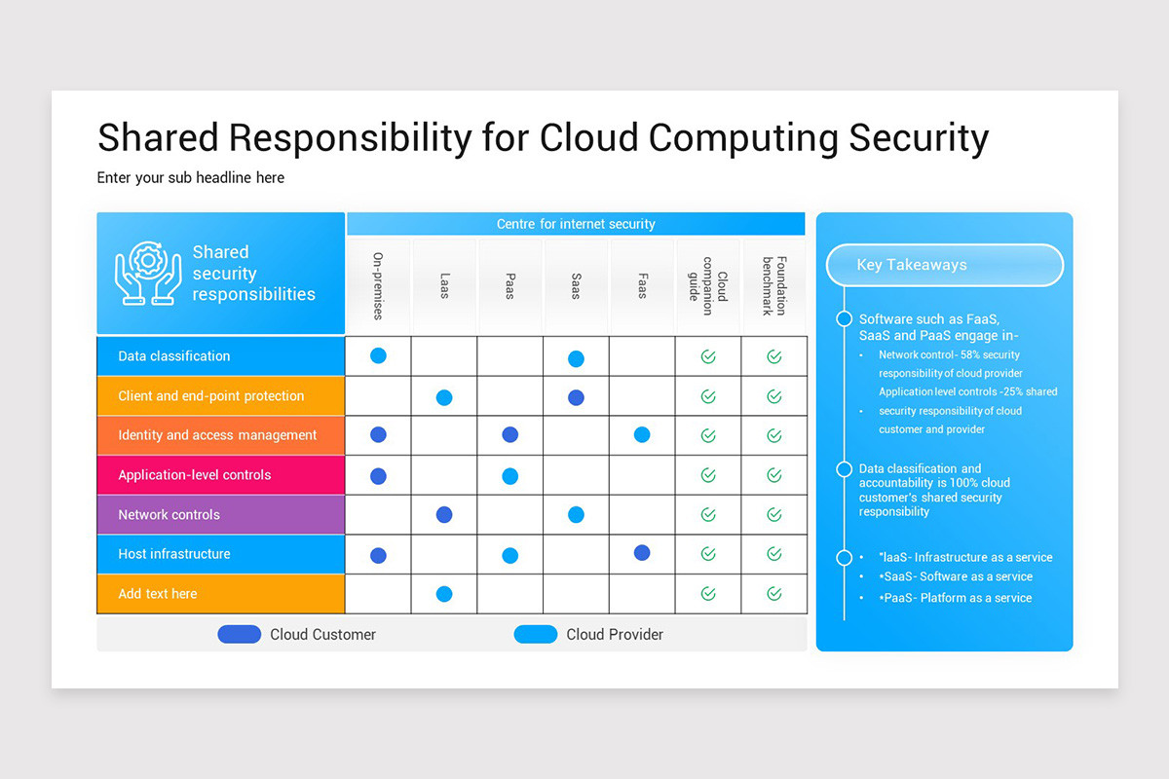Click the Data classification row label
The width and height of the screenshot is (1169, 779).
tap(174, 356)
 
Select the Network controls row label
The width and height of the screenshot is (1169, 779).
tap(169, 515)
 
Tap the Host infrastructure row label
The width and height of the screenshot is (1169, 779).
tap(174, 554)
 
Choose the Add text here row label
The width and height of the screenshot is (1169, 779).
tap(158, 594)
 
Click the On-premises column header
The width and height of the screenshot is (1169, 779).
tap(378, 286)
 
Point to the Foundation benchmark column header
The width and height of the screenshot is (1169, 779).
tap(774, 286)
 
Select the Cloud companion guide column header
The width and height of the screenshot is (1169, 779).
tap(708, 286)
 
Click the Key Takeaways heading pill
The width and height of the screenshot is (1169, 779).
tap(944, 265)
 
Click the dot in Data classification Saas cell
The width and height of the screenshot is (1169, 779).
tap(576, 358)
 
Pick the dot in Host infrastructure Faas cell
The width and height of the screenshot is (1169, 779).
tap(642, 553)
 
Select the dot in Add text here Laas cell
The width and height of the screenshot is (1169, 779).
tap(444, 594)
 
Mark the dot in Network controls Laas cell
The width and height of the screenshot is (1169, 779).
tap(444, 514)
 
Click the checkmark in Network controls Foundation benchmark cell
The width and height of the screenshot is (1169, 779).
tap(774, 515)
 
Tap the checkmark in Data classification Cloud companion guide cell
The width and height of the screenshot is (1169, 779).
tap(708, 357)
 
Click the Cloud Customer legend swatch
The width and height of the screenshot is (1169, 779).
tap(240, 635)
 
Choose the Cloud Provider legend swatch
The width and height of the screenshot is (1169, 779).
tap(536, 635)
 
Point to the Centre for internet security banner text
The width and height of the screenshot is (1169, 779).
tap(576, 224)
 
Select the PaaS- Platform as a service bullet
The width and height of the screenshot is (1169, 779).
tap(957, 598)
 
